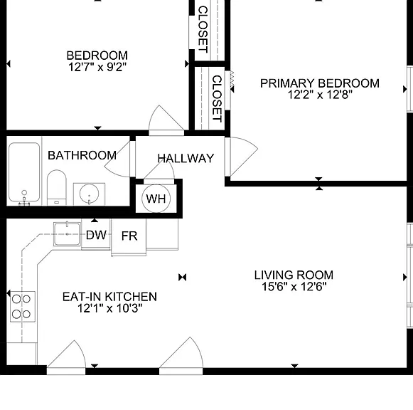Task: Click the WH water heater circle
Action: pyautogui.click(x=156, y=199)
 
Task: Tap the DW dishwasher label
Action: pyautogui.click(x=96, y=235)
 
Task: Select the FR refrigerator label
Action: pyautogui.click(x=129, y=236)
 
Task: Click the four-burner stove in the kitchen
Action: pyautogui.click(x=23, y=306)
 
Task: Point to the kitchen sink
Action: pyautogui.click(x=67, y=234)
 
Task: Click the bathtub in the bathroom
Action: pyautogui.click(x=24, y=172)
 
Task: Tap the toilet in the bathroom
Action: pyautogui.click(x=57, y=187)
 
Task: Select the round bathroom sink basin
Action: pyautogui.click(x=89, y=194)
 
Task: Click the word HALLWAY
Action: pyautogui.click(x=186, y=159)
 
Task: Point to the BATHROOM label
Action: pyautogui.click(x=82, y=155)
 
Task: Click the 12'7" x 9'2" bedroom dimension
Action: pyautogui.click(x=97, y=67)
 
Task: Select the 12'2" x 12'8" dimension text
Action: pyautogui.click(x=320, y=95)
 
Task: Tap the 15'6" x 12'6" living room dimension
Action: pyautogui.click(x=294, y=286)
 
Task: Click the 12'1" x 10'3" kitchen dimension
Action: pyautogui.click(x=110, y=308)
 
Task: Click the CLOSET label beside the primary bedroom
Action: pyautogui.click(x=218, y=99)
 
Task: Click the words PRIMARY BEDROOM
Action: pyautogui.click(x=320, y=83)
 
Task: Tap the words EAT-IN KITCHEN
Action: pyautogui.click(x=109, y=297)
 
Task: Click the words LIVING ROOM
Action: pyautogui.click(x=294, y=275)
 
